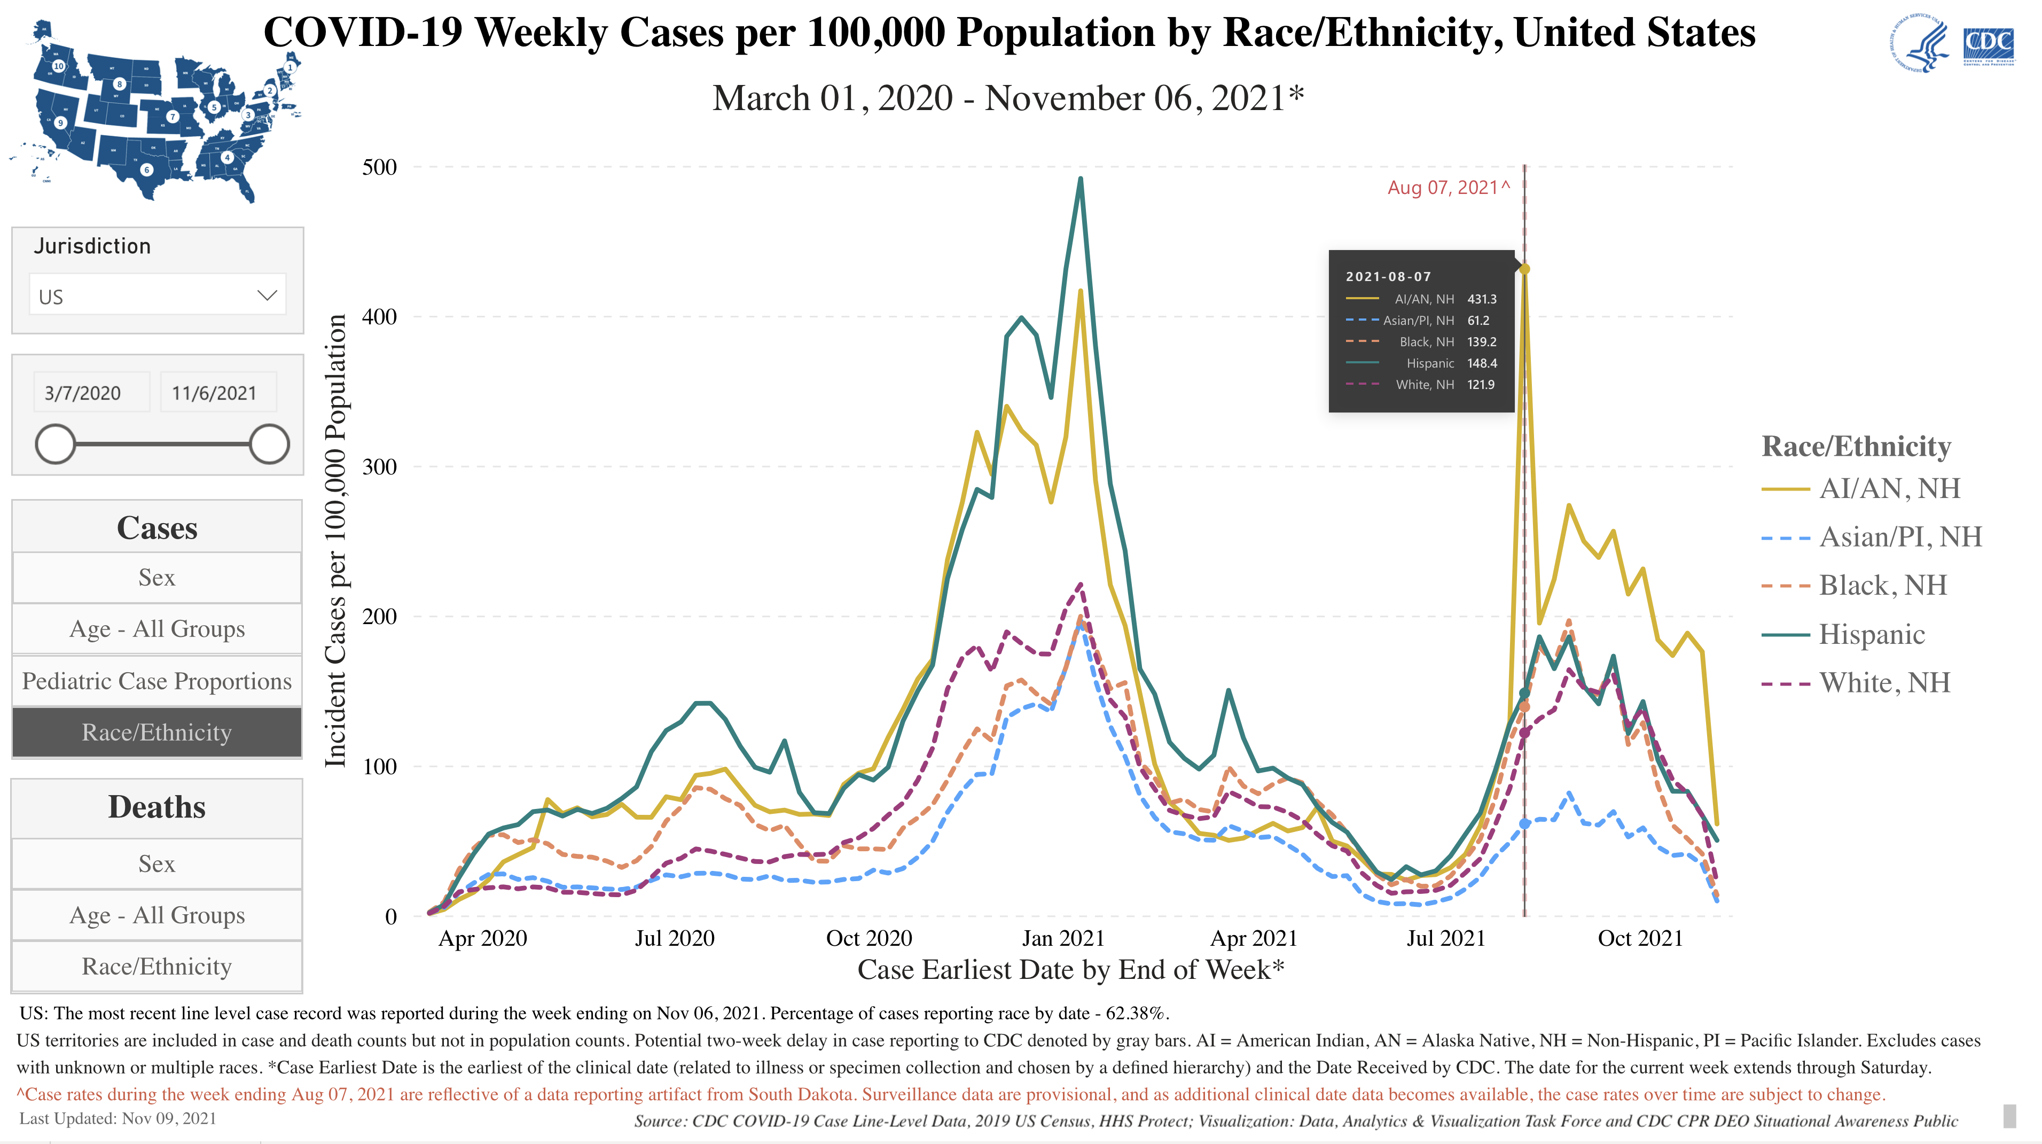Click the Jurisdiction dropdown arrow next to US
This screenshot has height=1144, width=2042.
click(267, 295)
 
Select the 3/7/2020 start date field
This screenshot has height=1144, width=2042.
click(83, 393)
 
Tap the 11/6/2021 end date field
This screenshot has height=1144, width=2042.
click(214, 393)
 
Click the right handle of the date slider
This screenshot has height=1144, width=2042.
click(269, 444)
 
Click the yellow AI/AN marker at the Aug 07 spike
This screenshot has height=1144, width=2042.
click(1523, 269)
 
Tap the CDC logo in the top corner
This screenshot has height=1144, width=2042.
click(1988, 46)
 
